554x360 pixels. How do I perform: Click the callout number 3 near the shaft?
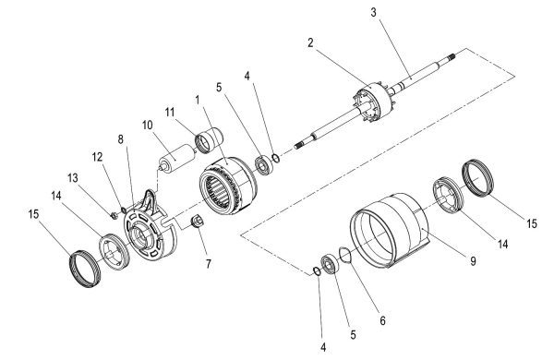pos(373,12)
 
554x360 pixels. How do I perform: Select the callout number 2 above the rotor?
pos(310,42)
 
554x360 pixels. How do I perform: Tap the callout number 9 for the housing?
pos(473,261)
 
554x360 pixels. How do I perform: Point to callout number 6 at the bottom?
pos(382,320)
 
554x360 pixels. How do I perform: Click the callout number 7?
pos(209,264)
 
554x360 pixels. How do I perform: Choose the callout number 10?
pos(148,125)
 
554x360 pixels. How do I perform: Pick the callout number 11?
pos(170,113)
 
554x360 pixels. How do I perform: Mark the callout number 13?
pos(73,178)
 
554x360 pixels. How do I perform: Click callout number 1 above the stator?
pos(198,100)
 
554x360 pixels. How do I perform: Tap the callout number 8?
pos(121,139)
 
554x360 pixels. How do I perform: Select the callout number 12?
pos(97,157)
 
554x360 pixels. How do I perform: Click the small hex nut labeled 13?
pos(114,215)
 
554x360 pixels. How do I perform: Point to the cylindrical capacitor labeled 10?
pos(176,158)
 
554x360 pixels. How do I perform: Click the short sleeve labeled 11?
pos(210,140)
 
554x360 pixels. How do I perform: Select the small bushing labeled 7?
pos(198,222)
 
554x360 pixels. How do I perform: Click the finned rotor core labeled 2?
pos(374,103)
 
